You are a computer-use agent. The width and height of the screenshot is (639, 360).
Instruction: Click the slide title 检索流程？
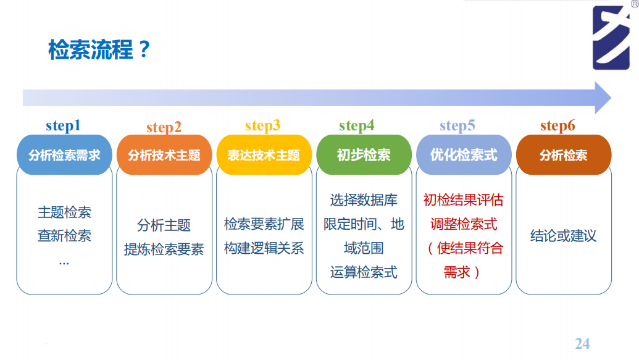click(99, 50)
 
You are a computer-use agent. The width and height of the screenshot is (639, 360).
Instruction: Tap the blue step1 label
click(63, 126)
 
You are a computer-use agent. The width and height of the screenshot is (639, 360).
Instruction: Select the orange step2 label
click(164, 127)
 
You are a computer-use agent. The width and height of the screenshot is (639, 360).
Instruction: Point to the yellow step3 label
click(262, 126)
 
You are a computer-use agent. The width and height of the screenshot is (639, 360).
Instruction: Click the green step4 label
click(356, 126)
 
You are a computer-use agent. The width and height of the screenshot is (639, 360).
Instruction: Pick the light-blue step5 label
click(457, 126)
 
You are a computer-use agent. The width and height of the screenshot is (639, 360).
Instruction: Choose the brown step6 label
click(558, 126)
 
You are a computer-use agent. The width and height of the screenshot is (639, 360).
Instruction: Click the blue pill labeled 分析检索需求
click(64, 155)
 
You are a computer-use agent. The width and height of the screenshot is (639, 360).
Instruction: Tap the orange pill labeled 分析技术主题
click(164, 155)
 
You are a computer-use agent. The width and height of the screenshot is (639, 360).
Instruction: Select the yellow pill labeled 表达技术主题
click(264, 155)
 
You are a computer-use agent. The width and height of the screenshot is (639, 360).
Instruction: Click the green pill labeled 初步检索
click(364, 155)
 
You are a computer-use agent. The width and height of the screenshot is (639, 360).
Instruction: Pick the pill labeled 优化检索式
click(464, 155)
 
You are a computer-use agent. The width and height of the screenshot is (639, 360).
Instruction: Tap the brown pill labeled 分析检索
click(564, 155)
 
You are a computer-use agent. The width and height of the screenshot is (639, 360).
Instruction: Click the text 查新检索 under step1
click(64, 236)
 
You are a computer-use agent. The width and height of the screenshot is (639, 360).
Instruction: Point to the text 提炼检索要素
click(164, 249)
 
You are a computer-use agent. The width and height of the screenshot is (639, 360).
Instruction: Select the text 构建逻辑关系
click(264, 248)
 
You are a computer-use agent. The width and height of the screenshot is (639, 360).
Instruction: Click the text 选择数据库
click(364, 200)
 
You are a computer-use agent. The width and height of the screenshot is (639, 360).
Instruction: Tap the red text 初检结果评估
click(464, 200)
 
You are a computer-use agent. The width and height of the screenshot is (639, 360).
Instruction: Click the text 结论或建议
click(564, 236)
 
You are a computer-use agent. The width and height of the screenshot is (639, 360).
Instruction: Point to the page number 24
click(582, 343)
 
